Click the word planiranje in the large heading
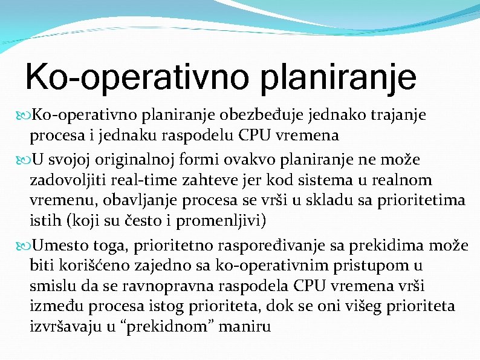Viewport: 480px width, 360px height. pyautogui.click(x=332, y=78)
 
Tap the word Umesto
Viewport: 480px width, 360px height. pyautogui.click(x=57, y=245)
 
